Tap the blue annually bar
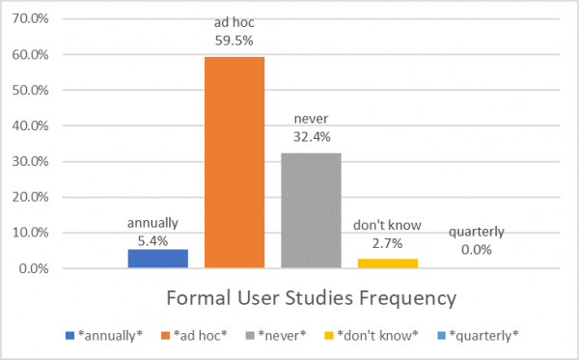156,259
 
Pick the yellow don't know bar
387,263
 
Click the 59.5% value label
234,41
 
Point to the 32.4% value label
311,137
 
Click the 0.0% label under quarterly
476,250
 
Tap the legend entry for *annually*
106,335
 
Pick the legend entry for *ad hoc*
199,335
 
